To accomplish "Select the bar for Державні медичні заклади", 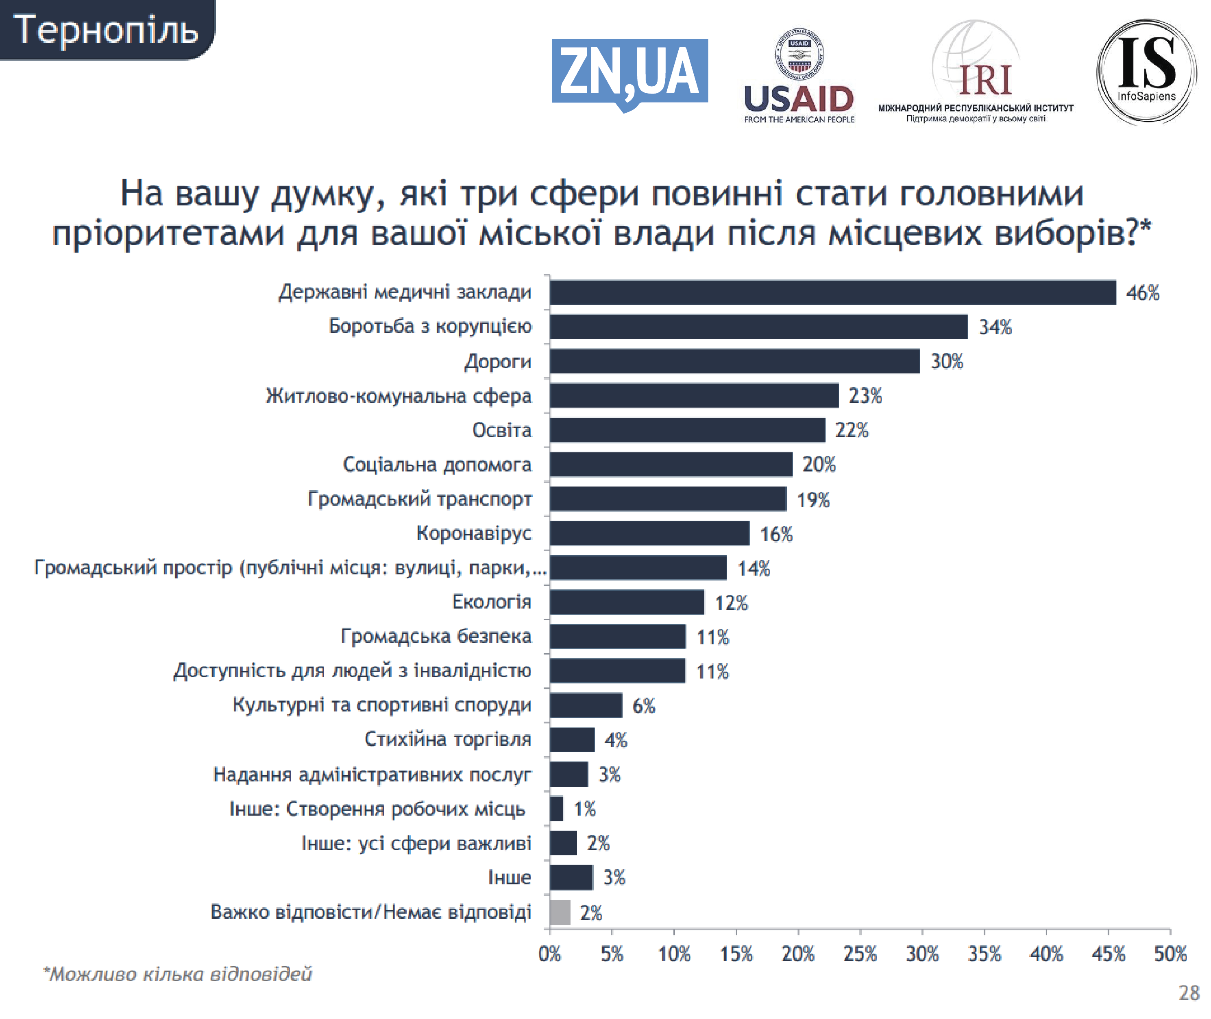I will [832, 292].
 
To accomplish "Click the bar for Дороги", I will [734, 361].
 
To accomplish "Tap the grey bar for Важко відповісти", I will [560, 912].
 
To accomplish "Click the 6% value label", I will [643, 705].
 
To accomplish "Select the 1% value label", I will [584, 809].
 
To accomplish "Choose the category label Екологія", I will [492, 602].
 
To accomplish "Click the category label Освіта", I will [501, 430].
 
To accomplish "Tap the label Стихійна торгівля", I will [448, 740].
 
